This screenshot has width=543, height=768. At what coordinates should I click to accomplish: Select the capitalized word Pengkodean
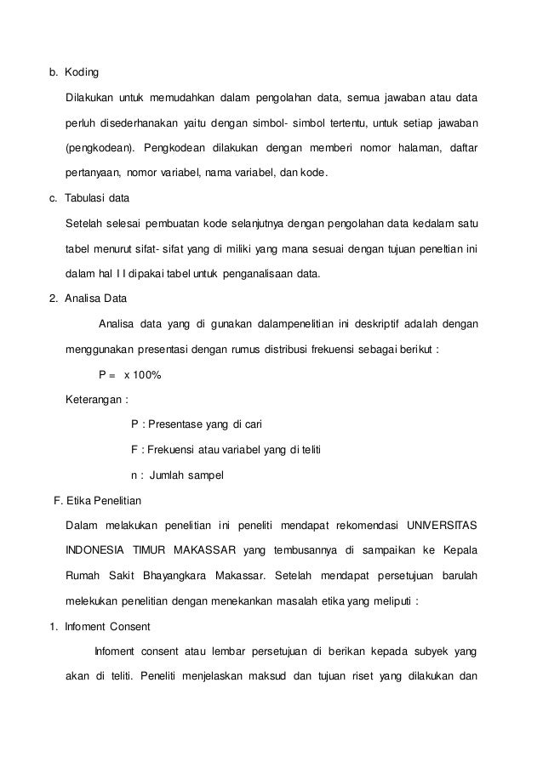pyautogui.click(x=177, y=150)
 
